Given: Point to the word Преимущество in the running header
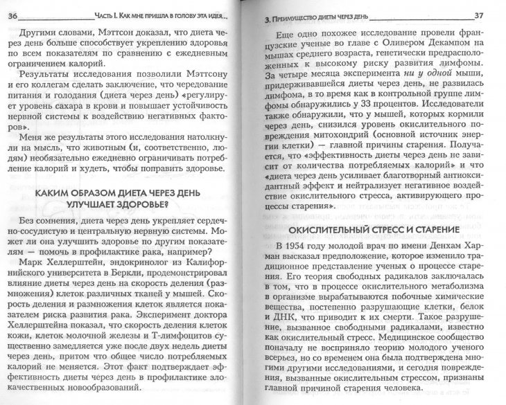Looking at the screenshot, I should pos(293,16).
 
